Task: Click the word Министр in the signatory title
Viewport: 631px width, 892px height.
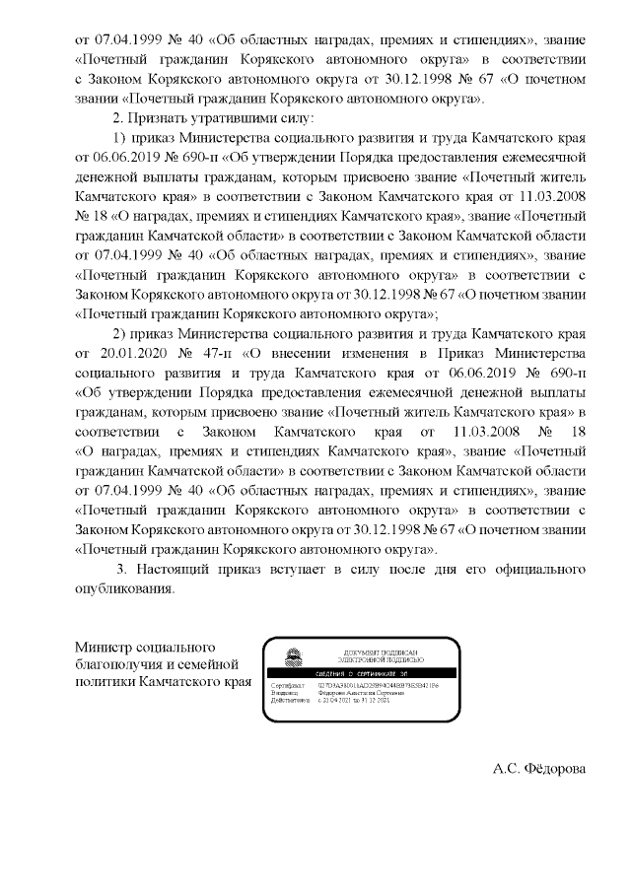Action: (x=104, y=646)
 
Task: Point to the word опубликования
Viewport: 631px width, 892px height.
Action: (x=125, y=588)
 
